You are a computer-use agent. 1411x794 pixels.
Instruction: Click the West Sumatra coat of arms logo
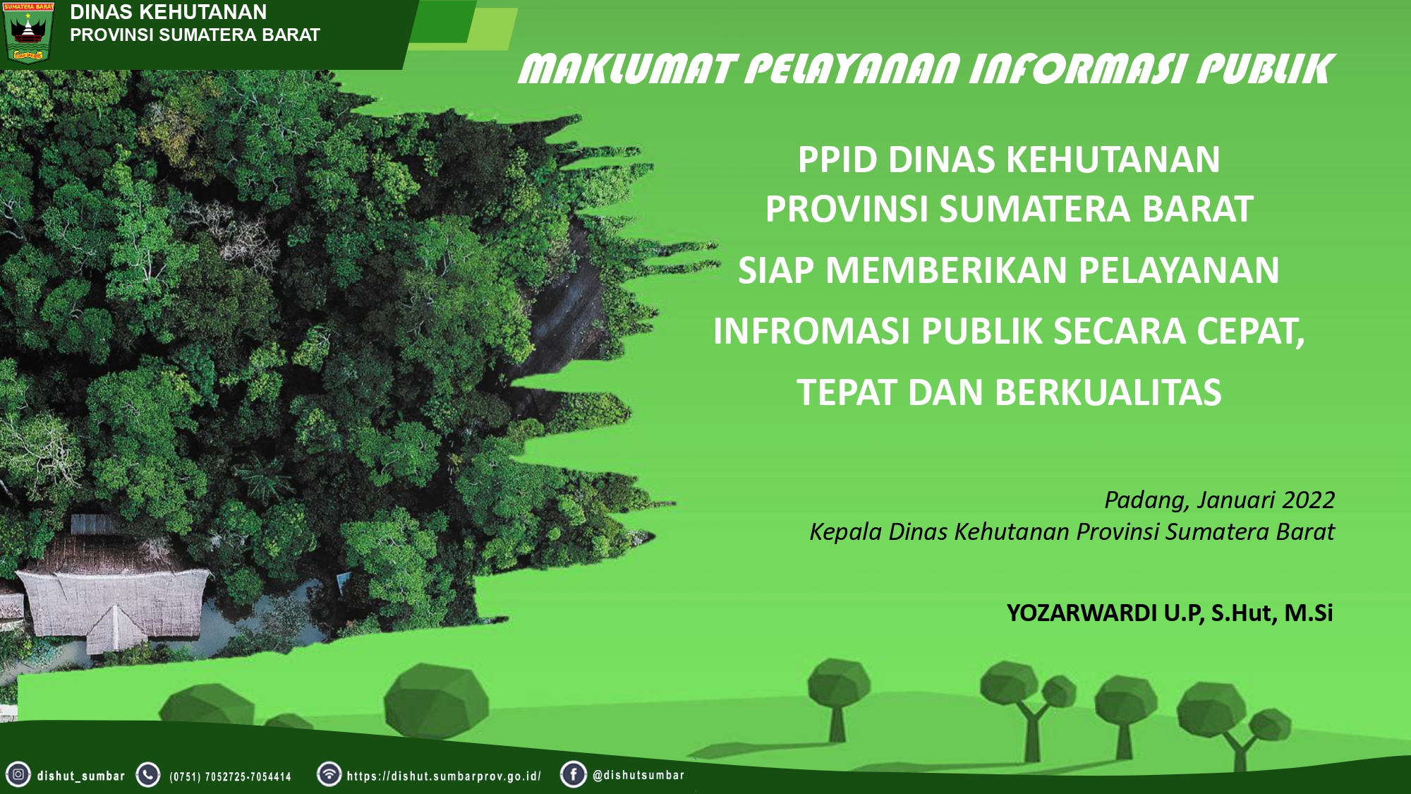pyautogui.click(x=28, y=32)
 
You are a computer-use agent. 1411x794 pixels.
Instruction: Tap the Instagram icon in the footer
pyautogui.click(x=18, y=774)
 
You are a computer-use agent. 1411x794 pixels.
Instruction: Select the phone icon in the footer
pyautogui.click(x=148, y=774)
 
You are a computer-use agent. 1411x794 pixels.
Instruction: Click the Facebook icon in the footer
pyautogui.click(x=574, y=774)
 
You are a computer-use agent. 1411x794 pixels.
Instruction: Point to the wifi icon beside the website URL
pyautogui.click(x=329, y=774)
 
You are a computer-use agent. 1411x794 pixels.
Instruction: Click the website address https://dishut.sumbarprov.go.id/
pyautogui.click(x=444, y=776)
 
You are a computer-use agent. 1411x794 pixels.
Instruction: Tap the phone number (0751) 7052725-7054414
pyautogui.click(x=230, y=777)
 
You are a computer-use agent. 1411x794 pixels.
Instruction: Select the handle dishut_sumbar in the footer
pyautogui.click(x=81, y=776)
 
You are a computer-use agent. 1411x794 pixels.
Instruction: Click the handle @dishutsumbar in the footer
pyautogui.click(x=638, y=775)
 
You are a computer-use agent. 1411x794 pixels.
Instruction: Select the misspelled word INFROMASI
pyautogui.click(x=811, y=331)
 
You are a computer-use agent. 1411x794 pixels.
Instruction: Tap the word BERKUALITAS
pyautogui.click(x=1108, y=392)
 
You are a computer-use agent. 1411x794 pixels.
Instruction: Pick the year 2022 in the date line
pyautogui.click(x=1308, y=500)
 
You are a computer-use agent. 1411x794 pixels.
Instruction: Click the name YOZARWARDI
pyautogui.click(x=1082, y=613)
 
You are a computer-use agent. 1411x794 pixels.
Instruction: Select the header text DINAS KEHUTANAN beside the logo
pyautogui.click(x=169, y=12)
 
